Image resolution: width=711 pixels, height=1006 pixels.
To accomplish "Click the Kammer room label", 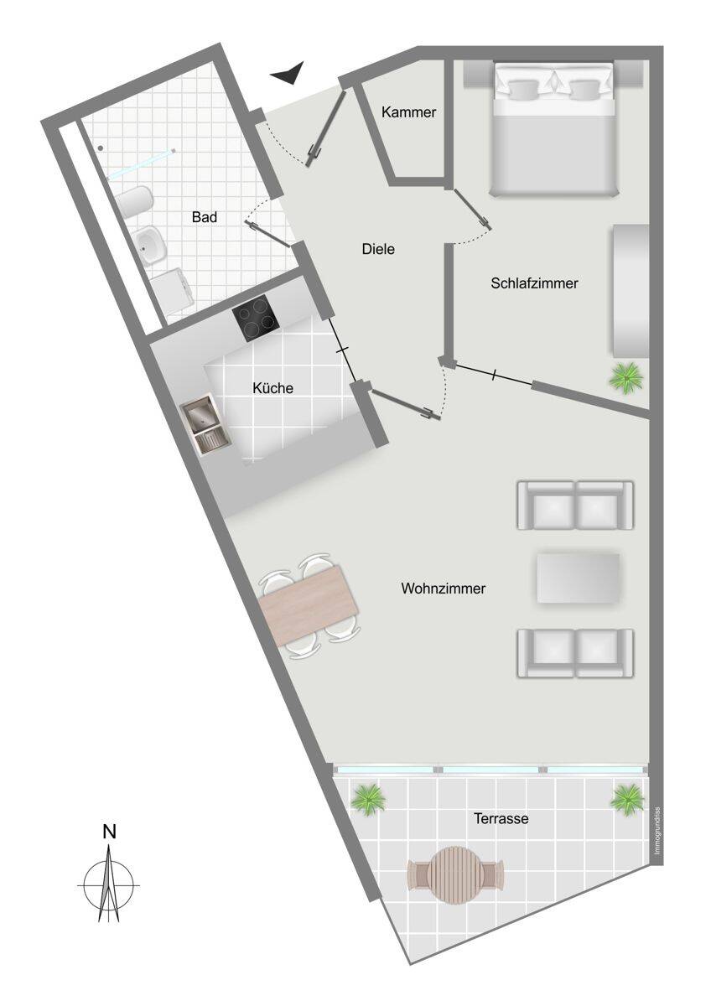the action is click(408, 112).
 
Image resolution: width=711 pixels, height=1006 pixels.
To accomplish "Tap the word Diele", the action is click(378, 248).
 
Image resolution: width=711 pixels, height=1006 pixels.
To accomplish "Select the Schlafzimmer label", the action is click(534, 283).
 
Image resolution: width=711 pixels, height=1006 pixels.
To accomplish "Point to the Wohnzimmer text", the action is click(444, 589).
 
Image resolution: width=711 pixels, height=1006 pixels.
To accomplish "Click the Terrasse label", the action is click(501, 819).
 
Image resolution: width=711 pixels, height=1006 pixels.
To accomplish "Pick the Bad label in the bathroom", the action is click(205, 217).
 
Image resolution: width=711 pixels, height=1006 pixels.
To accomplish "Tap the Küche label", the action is click(272, 388).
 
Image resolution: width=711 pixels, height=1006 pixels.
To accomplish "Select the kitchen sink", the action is click(205, 424).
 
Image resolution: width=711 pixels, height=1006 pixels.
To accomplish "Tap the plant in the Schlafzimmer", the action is click(626, 378).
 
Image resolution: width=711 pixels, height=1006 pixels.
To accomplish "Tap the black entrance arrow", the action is click(288, 73).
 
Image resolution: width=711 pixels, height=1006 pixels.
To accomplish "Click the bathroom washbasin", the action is click(150, 243).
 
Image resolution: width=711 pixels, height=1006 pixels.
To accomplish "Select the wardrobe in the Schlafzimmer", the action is click(629, 291).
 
